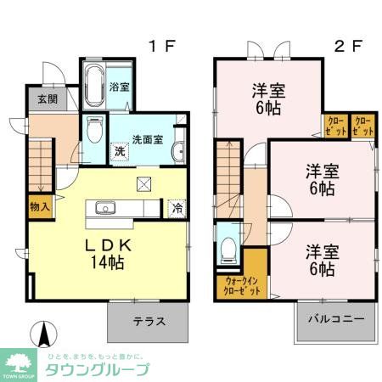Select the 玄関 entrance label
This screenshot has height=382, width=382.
(x=46, y=98)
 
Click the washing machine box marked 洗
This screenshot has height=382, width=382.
(x=121, y=149)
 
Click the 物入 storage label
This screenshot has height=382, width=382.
(x=39, y=205)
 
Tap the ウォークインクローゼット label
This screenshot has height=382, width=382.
(x=243, y=284)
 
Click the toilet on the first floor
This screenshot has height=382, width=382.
(x=94, y=132)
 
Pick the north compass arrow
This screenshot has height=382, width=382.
(x=38, y=334)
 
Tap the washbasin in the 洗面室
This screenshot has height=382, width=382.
(x=178, y=150)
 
